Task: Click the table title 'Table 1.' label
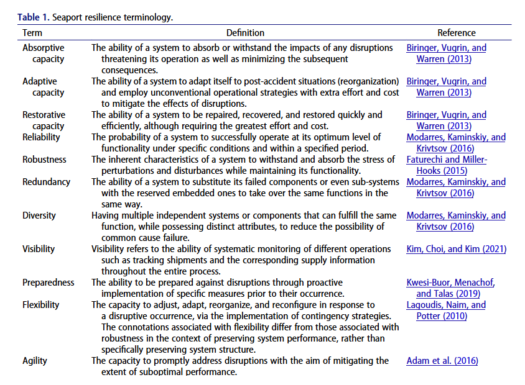click(x=32, y=17)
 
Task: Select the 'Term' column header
click(x=32, y=33)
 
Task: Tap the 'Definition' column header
click(x=245, y=33)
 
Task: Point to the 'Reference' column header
click(x=457, y=33)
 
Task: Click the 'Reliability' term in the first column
click(x=42, y=137)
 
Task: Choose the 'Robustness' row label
click(x=45, y=160)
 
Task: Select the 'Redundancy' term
click(x=46, y=182)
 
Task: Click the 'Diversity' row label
click(x=39, y=215)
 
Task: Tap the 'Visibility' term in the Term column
click(x=39, y=249)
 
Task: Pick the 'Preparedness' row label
click(x=49, y=283)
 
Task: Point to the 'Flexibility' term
click(x=41, y=305)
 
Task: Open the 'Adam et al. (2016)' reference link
click(x=442, y=361)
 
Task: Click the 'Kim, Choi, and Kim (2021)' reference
click(x=457, y=249)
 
